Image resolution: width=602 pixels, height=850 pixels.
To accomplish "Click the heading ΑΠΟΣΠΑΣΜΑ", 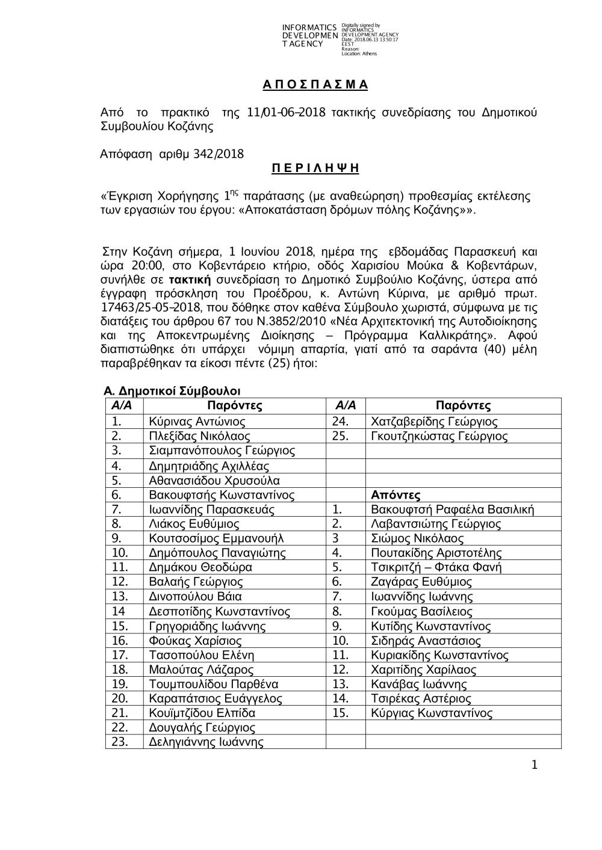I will click(315, 85).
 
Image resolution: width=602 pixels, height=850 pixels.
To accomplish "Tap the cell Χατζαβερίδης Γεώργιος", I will click(434, 422).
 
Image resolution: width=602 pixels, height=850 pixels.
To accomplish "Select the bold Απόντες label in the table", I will click(396, 495).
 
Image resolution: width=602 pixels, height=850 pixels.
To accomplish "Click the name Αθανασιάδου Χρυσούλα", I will click(214, 481).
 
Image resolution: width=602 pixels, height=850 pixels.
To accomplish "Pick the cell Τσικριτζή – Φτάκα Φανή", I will click(436, 567).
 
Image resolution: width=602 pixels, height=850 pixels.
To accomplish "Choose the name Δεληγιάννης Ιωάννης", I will click(206, 742).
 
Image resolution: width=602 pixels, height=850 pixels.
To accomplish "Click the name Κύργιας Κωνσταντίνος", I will click(432, 713).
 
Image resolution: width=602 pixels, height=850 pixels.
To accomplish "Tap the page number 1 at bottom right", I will click(533, 765).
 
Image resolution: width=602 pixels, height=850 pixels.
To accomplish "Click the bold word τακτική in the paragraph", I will click(190, 280).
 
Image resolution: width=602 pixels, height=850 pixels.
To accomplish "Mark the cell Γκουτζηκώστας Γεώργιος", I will click(439, 436).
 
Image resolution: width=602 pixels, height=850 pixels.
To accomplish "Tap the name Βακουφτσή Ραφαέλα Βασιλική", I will click(453, 510).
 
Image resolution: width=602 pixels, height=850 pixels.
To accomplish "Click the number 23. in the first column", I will click(120, 742).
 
